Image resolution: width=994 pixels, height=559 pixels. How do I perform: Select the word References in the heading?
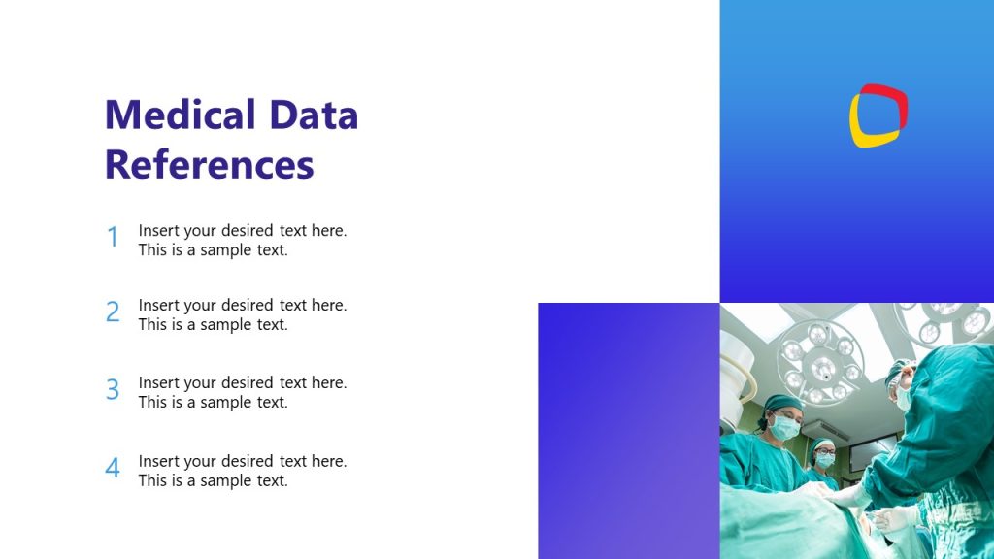coord(209,164)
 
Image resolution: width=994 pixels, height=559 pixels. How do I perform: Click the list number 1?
coord(113,238)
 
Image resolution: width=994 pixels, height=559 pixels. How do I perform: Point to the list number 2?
coord(113,312)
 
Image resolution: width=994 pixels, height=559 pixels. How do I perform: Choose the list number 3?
coord(113,390)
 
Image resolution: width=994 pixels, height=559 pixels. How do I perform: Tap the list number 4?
coord(113,469)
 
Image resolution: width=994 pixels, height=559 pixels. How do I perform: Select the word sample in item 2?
coord(228,325)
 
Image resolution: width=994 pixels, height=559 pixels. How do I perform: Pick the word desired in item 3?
coord(248,383)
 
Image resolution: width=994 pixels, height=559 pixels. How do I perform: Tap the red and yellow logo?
coord(878,115)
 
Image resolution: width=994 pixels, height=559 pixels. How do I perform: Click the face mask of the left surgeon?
coord(784,426)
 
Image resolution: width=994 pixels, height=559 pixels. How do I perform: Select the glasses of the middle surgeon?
coord(825,452)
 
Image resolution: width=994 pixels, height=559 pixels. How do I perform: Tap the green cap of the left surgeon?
coord(782,403)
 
